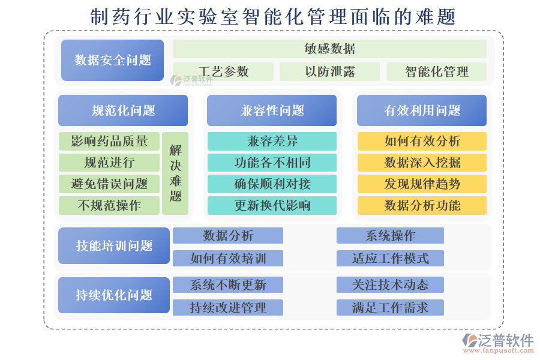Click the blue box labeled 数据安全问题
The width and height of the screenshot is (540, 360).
point(112,60)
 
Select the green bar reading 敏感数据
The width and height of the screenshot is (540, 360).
point(329,49)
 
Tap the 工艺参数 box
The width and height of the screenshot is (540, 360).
point(223,72)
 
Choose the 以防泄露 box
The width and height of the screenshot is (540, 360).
point(329,72)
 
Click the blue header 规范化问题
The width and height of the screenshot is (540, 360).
point(123,110)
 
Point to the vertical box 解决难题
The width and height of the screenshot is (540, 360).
point(175,173)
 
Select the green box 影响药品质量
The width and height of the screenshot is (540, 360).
point(109,142)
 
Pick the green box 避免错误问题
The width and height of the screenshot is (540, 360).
point(109,184)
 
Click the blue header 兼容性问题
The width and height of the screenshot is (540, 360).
point(272,110)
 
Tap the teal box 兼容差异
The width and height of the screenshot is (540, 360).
point(272,142)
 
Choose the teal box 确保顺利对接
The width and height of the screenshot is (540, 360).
point(272,184)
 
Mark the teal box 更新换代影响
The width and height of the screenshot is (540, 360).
point(272,205)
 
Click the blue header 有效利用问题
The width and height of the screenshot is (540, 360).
point(422,110)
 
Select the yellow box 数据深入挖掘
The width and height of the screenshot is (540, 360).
point(422,163)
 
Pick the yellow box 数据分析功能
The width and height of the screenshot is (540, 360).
point(422,205)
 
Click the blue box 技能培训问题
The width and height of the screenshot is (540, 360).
point(114,246)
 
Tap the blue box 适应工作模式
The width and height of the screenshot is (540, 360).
point(390,259)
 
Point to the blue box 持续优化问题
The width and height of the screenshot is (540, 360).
point(114,295)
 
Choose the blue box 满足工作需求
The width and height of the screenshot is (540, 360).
point(390,308)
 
